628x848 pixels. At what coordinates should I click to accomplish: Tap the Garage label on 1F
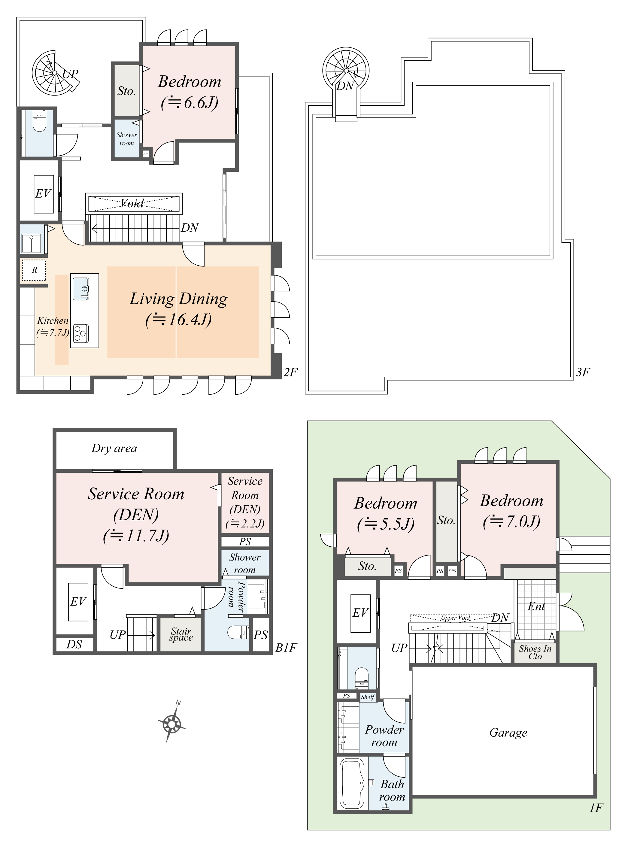(x=508, y=733)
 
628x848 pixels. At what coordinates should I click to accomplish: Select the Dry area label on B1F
(x=114, y=448)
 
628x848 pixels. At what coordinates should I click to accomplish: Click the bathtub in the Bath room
(x=352, y=783)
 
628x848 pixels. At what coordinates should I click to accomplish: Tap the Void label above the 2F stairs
(x=133, y=203)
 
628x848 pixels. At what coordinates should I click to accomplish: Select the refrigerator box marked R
(x=34, y=270)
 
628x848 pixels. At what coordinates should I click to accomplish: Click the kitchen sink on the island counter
(x=81, y=289)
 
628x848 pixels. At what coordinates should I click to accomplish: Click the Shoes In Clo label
(x=535, y=652)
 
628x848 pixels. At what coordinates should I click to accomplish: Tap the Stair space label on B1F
(x=181, y=634)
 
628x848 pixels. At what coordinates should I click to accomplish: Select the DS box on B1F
(x=74, y=644)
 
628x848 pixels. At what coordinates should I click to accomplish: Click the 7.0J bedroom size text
(x=511, y=522)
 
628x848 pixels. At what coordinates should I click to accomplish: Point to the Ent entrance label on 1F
(x=536, y=606)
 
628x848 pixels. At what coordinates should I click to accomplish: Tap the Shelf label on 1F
(x=367, y=697)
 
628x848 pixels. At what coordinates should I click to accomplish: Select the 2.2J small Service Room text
(x=245, y=524)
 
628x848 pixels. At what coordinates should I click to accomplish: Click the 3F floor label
(x=583, y=372)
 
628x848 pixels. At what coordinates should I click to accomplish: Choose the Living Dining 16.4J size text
(x=178, y=319)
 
